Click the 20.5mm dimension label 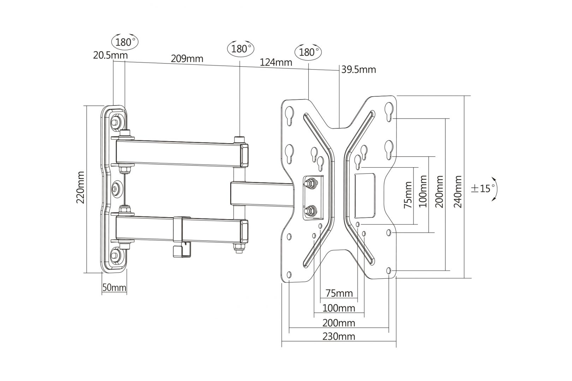coord(111,55)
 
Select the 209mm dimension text coord(187,58)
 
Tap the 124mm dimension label coord(276,62)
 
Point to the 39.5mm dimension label coord(358,69)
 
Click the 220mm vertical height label coord(81,187)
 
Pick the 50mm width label coord(114,288)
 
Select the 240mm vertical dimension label coord(458,192)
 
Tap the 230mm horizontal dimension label coord(339,336)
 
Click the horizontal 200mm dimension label coord(339,322)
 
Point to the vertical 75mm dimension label coord(408,195)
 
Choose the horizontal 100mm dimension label coord(339,308)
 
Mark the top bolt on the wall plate coord(115,122)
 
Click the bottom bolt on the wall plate coord(115,255)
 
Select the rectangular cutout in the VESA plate coord(364,195)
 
